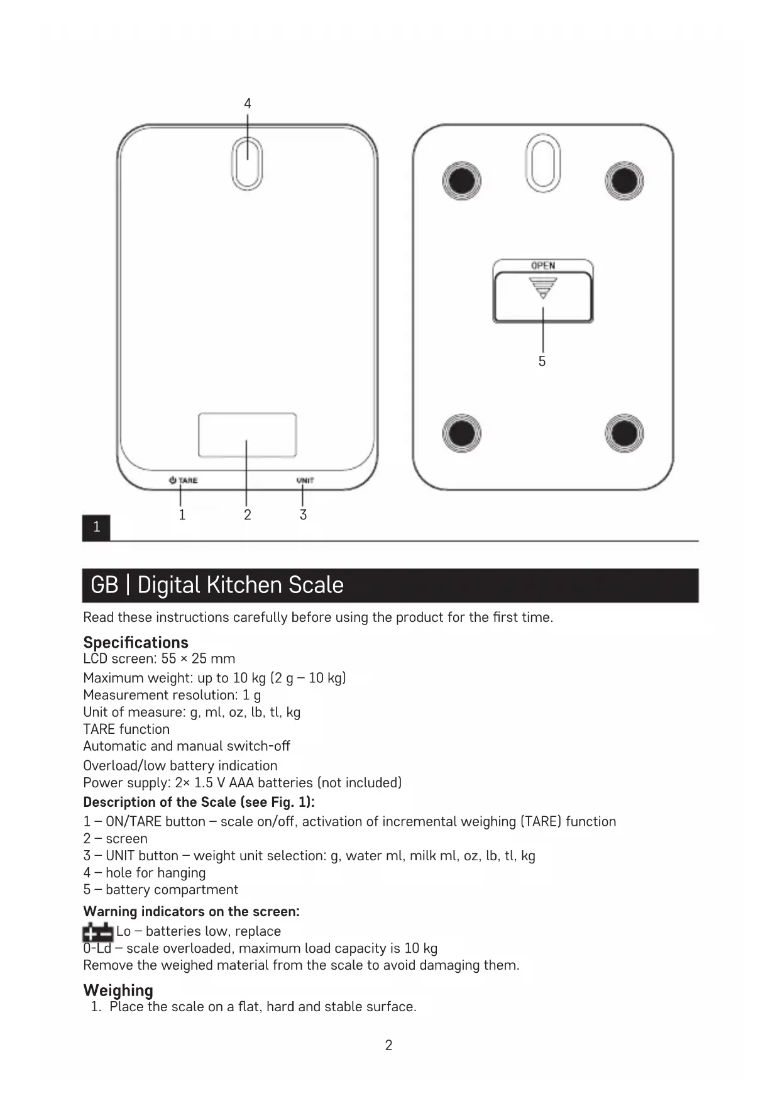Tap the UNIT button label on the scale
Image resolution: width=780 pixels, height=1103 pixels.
click(x=305, y=480)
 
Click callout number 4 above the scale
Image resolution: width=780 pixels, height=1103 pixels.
click(x=248, y=104)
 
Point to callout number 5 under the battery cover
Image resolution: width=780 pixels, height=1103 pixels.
click(x=542, y=361)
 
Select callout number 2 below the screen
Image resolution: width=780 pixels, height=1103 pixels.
click(x=248, y=515)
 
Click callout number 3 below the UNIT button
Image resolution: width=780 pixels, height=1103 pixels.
click(x=303, y=515)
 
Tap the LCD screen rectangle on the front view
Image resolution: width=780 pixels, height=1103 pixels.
click(x=247, y=435)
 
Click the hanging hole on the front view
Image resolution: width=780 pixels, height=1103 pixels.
click(x=247, y=164)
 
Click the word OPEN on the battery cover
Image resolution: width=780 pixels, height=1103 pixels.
click(x=543, y=265)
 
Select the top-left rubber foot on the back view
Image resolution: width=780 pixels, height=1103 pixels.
click(x=461, y=181)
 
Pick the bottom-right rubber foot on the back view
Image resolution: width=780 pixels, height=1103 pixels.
click(x=624, y=433)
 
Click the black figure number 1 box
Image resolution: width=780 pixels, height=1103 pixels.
click(x=96, y=527)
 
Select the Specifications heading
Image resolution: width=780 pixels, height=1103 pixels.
click(x=136, y=642)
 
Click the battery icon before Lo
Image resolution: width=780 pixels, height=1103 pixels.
click(x=97, y=932)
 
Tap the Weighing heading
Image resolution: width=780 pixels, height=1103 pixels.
click(x=118, y=990)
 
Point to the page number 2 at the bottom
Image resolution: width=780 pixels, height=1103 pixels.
click(x=388, y=1045)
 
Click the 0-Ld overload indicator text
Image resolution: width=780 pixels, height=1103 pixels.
click(x=97, y=948)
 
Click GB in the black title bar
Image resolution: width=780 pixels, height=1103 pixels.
click(x=104, y=585)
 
